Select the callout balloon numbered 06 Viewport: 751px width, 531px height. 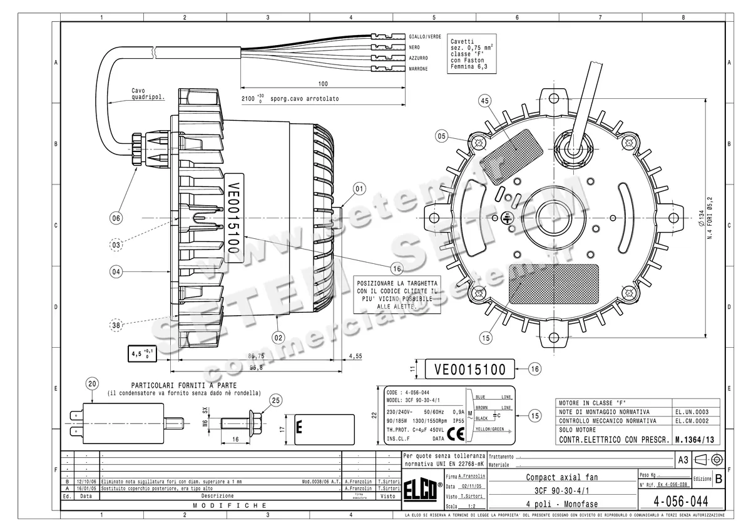tap(116, 218)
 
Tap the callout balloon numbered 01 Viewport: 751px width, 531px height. tap(359, 188)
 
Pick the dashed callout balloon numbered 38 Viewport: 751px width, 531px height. tap(116, 325)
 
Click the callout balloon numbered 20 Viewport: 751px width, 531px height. tap(93, 384)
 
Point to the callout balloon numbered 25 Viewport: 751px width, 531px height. tap(276, 400)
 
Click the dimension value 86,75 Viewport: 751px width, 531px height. tap(255, 356)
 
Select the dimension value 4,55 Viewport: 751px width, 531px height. tap(355, 356)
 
